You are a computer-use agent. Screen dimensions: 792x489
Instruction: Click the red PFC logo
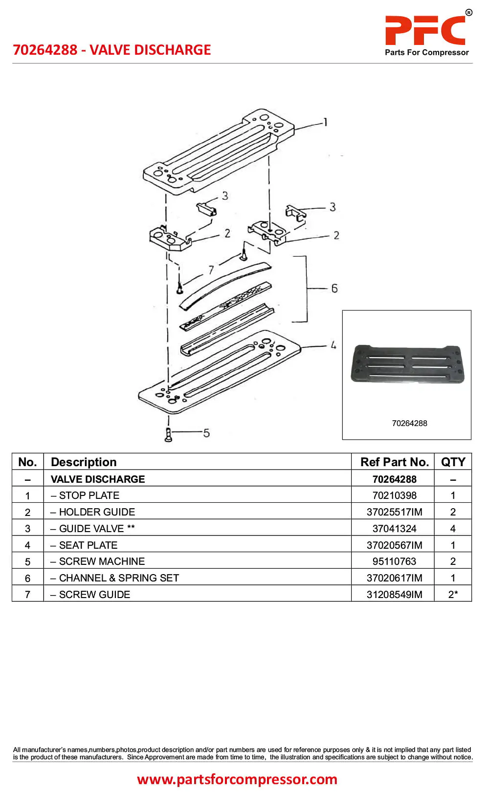click(425, 30)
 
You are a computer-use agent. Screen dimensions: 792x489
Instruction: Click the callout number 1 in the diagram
click(325, 122)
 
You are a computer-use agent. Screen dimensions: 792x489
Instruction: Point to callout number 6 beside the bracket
click(334, 288)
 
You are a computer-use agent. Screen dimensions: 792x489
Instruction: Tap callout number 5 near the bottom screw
click(206, 433)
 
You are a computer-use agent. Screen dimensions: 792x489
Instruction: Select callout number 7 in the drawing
click(211, 270)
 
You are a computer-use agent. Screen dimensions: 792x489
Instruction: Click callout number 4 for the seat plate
click(333, 345)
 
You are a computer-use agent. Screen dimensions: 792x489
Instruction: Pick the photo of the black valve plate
click(407, 364)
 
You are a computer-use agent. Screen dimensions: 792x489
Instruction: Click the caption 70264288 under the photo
click(409, 423)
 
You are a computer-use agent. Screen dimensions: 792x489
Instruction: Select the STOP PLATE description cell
click(89, 495)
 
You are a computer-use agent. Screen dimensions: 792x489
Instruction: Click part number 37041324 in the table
click(394, 529)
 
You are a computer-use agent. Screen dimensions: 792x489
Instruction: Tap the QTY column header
click(453, 462)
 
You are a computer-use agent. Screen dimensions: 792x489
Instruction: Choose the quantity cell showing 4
click(453, 529)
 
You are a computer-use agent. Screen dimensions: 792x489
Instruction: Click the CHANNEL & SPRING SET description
click(118, 578)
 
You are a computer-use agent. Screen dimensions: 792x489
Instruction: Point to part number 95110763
click(394, 561)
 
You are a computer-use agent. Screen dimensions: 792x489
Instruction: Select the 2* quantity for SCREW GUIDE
click(453, 595)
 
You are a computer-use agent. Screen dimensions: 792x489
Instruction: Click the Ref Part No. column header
click(394, 462)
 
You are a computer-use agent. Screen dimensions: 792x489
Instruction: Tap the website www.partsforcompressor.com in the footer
click(237, 779)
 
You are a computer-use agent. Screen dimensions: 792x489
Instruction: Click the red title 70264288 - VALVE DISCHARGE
click(112, 50)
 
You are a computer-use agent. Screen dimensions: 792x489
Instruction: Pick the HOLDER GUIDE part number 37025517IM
click(394, 512)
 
